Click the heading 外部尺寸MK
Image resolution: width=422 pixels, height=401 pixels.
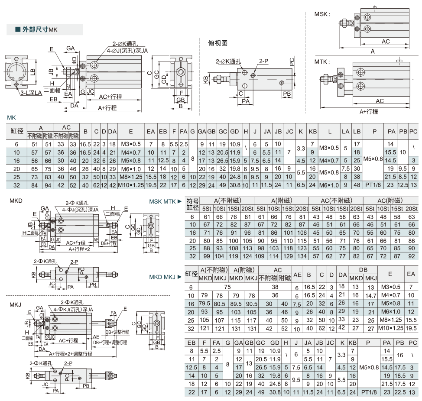click(x=39, y=29)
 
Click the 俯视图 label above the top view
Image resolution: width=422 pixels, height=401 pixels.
click(x=218, y=43)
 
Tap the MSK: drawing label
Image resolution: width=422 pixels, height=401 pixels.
click(x=322, y=14)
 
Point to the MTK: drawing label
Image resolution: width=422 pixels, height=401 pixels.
click(x=322, y=62)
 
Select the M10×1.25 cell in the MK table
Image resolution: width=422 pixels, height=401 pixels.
click(x=131, y=185)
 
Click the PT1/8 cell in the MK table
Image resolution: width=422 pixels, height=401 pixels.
click(x=373, y=185)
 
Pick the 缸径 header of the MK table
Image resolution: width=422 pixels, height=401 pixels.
click(x=17, y=131)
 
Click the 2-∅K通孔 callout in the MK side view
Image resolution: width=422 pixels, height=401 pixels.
click(x=125, y=44)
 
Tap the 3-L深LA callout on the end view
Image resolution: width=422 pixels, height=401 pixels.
click(x=31, y=93)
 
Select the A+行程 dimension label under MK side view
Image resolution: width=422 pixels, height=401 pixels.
click(x=107, y=108)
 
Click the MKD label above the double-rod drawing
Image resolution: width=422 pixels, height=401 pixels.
click(x=16, y=201)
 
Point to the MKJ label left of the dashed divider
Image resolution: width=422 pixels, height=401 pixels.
click(x=15, y=305)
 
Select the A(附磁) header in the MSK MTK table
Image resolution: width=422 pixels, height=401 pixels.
click(x=281, y=200)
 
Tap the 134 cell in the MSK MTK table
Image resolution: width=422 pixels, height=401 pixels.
click(x=302, y=256)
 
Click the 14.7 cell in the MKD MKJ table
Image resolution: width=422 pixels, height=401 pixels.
click(x=370, y=296)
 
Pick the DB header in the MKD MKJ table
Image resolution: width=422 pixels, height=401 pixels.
click(x=363, y=270)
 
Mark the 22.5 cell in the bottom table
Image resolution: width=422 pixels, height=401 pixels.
click(x=400, y=392)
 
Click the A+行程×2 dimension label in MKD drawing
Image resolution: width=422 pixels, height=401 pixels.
click(x=79, y=249)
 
